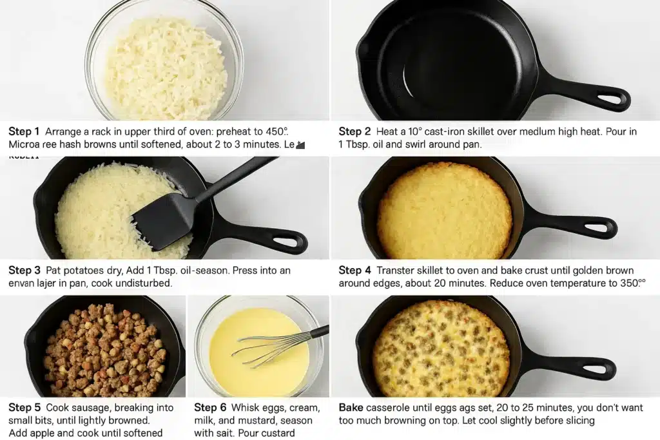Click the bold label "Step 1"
pyautogui.click(x=24, y=131)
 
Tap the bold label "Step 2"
pyautogui.click(x=354, y=131)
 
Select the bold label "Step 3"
pyautogui.click(x=24, y=271)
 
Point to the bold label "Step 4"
pyautogui.click(x=354, y=271)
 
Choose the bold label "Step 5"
pyautogui.click(x=24, y=408)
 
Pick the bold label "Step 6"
pyautogui.click(x=209, y=408)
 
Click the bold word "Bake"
pyautogui.click(x=351, y=408)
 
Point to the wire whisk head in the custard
pyautogui.click(x=264, y=348)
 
